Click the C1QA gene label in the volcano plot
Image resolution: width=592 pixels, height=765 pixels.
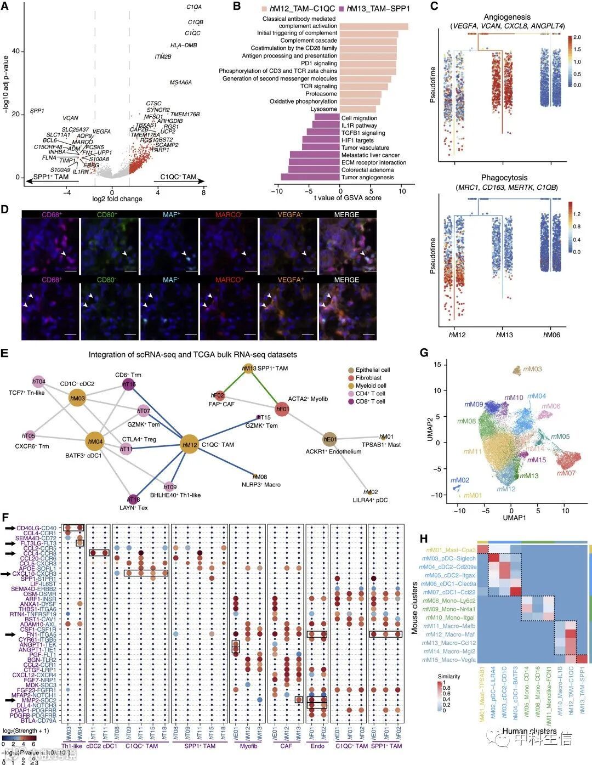click(194, 7)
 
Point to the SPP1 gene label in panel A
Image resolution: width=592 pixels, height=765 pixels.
click(37, 111)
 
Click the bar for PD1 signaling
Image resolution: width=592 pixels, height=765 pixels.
click(367, 64)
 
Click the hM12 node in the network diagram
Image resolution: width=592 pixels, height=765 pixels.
click(190, 445)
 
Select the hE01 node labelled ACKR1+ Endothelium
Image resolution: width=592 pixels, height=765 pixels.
click(329, 439)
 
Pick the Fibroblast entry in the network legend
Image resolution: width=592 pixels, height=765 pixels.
click(368, 378)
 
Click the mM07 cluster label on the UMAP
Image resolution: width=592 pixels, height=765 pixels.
click(566, 473)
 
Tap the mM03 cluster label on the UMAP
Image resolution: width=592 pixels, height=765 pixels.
click(532, 369)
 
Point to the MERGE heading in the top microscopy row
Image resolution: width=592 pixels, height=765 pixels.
click(346, 214)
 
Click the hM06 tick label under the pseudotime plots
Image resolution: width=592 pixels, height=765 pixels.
click(551, 335)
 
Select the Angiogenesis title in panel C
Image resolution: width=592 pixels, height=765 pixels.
click(507, 17)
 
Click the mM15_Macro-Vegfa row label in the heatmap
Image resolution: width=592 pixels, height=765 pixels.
click(448, 660)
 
